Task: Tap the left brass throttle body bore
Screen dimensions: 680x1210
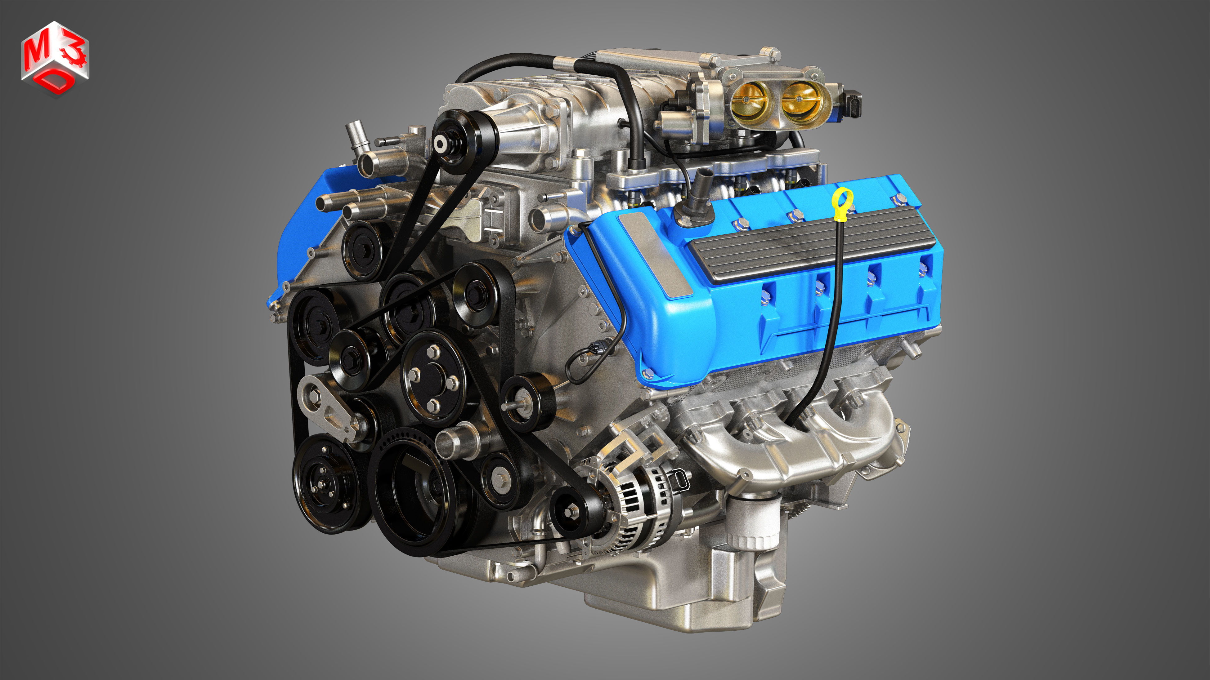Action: coord(750,100)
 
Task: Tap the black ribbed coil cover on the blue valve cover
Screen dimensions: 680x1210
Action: coord(808,244)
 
